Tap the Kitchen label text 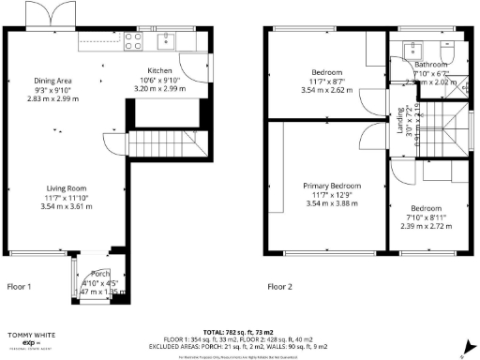coord(159,71)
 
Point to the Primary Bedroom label coord(332,187)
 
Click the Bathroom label coord(431,65)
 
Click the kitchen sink coord(169,40)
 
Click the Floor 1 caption coord(20,287)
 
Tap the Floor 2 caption coord(279,287)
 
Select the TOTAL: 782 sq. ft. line coord(239,332)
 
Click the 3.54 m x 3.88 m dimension coord(332,203)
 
